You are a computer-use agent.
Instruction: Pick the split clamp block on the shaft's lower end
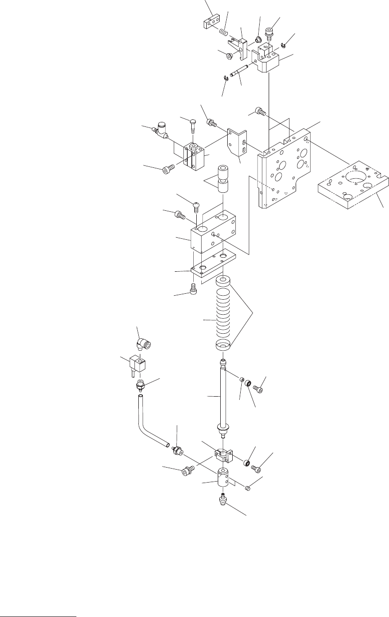(223, 455)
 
